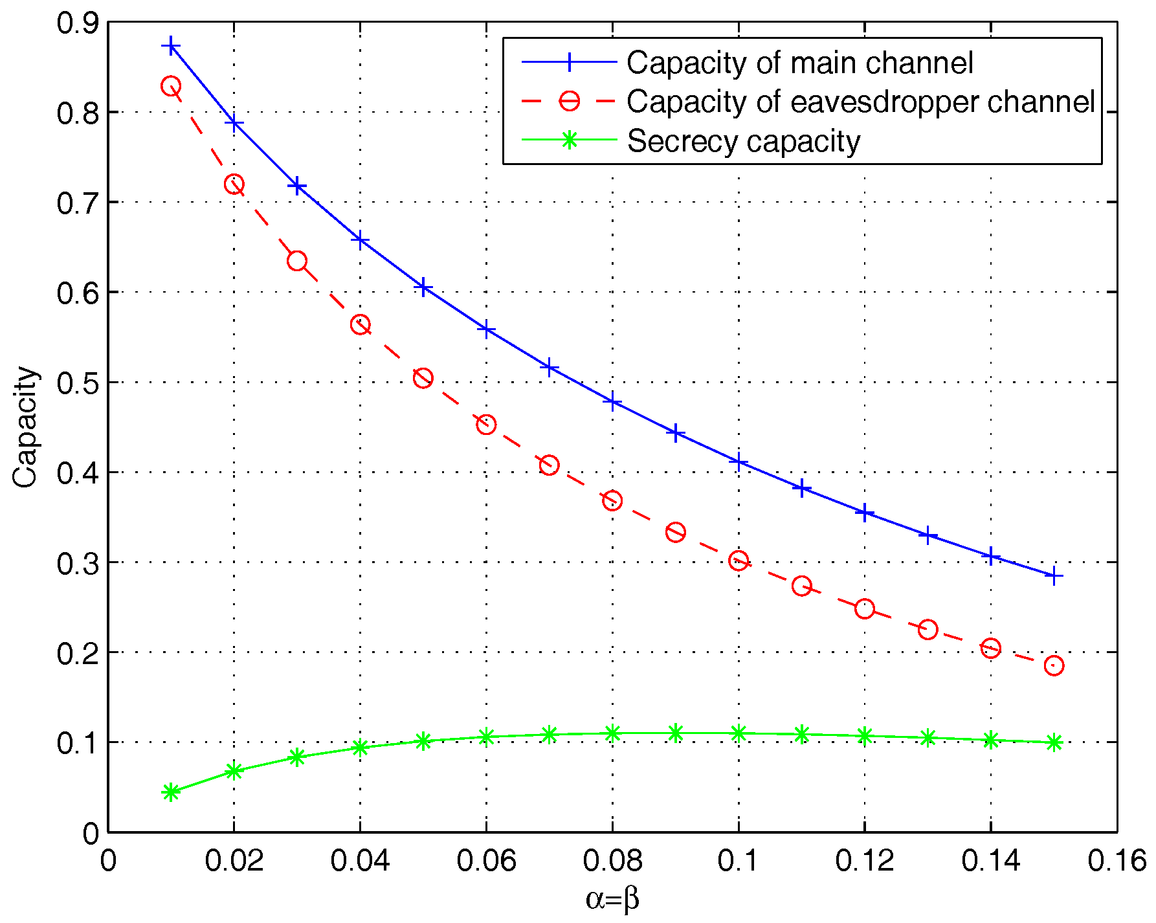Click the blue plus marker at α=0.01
coord(171,46)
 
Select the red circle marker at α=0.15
coord(1054,665)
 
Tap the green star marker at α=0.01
coord(171,792)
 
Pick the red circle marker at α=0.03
coord(297,261)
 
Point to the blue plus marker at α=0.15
coord(1054,575)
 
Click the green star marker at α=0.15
coord(1054,742)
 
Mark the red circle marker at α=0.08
coord(612,500)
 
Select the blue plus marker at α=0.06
coord(486,330)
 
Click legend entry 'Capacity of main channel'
coord(799,63)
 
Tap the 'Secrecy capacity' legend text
coord(744,141)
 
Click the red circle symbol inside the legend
coord(569,102)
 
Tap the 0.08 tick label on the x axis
coord(612,862)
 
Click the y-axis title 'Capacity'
coord(26,427)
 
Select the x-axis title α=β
coord(612,899)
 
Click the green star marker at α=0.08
coord(612,733)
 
